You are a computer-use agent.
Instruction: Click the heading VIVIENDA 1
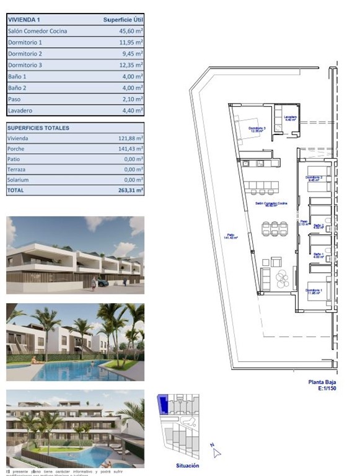[x=25, y=20]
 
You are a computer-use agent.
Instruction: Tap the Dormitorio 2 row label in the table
[x=25, y=54]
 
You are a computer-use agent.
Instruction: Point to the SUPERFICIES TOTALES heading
[x=38, y=128]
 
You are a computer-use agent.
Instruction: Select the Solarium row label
[x=19, y=180]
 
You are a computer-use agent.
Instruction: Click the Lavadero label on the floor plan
[x=291, y=118]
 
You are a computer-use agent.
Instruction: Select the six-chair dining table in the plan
[x=274, y=229]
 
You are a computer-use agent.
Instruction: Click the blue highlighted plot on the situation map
[x=162, y=404]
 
